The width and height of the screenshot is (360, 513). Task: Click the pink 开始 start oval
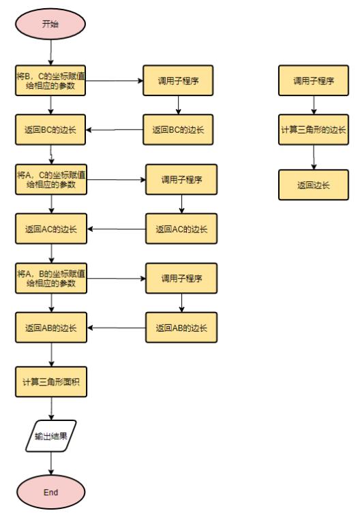pos(51,24)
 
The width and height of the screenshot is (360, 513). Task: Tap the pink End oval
pos(51,491)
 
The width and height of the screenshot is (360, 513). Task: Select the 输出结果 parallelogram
pos(52,436)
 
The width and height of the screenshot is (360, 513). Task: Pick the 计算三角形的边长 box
pos(314,130)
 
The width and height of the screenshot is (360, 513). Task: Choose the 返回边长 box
pos(314,185)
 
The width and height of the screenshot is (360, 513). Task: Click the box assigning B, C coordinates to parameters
pos(51,80)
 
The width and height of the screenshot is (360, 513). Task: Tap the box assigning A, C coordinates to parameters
pos(51,180)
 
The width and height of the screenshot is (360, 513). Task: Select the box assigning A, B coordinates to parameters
pos(51,278)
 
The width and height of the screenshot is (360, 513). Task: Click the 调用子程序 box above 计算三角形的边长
pos(314,80)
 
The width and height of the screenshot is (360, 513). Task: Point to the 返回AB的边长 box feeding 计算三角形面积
pos(51,328)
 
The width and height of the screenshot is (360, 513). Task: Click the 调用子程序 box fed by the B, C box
pos(177,80)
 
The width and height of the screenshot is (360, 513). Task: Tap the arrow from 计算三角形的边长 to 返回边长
pos(314,157)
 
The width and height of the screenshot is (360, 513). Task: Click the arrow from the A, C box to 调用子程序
pos(116,180)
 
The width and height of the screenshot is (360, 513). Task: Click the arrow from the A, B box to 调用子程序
pos(116,278)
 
